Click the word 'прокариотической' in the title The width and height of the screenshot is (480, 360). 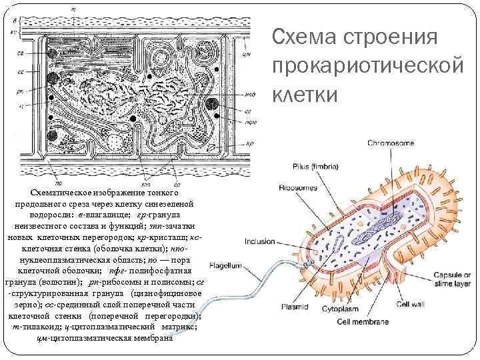[367, 65]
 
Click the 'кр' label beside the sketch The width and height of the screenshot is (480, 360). [247, 144]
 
